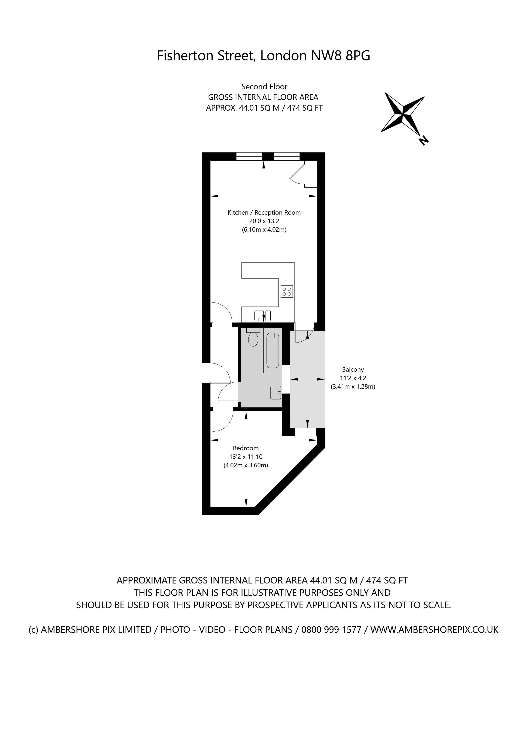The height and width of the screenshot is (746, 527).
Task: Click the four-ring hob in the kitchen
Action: [x=287, y=291]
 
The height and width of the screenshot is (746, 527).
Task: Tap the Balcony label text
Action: [x=353, y=369]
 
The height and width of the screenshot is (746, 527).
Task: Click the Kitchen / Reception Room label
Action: [x=264, y=213]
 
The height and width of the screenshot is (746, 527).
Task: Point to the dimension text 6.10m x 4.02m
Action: [x=264, y=230]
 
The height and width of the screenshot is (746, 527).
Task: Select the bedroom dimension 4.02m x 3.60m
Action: [x=246, y=465]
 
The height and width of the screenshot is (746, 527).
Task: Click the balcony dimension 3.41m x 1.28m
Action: [x=353, y=387]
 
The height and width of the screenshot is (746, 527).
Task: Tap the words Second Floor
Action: [x=264, y=87]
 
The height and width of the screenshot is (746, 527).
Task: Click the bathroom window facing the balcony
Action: [x=286, y=379]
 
